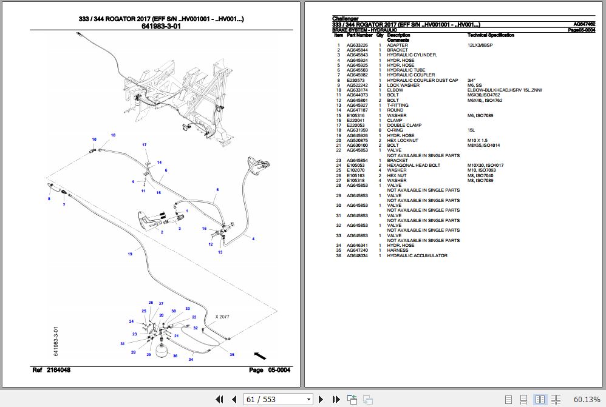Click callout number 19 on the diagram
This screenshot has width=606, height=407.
(x=129, y=254)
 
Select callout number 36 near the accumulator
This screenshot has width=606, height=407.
(x=175, y=356)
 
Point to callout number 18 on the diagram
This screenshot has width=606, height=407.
(x=112, y=135)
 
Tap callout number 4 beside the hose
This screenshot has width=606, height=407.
(x=253, y=238)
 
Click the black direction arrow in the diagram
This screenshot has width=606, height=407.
(x=260, y=355)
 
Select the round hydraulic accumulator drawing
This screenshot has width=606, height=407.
(x=162, y=351)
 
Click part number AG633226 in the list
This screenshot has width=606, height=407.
(x=357, y=45)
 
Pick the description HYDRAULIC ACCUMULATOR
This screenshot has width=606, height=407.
(x=417, y=255)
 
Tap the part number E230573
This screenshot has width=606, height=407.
(x=355, y=80)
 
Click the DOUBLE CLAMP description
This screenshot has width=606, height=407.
(x=404, y=125)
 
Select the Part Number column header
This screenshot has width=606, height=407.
(x=359, y=35)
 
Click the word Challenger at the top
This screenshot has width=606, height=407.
(x=345, y=19)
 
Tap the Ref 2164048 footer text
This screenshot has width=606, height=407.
(x=51, y=370)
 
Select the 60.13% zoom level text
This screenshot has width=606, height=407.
(x=586, y=399)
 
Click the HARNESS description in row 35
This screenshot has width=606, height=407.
(x=398, y=251)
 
